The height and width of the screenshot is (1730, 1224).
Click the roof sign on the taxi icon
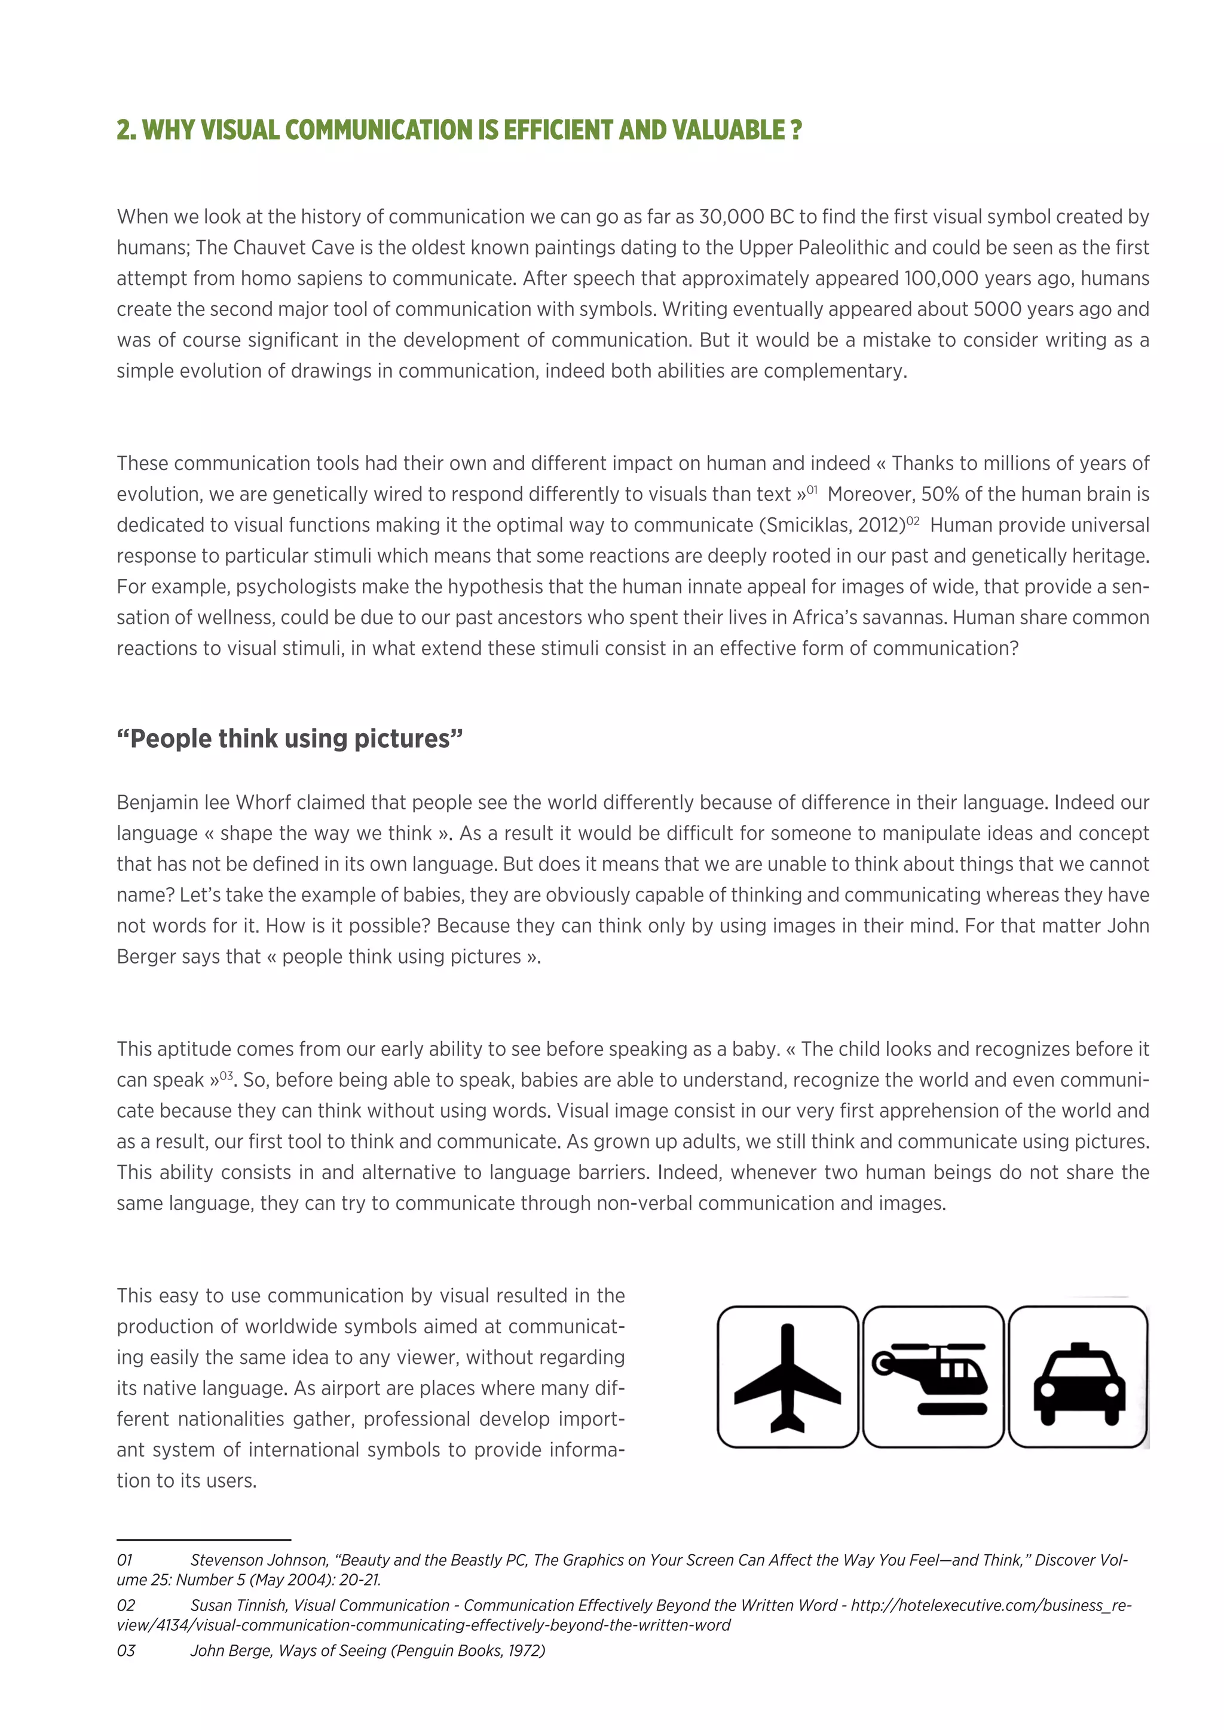pos(1079,1347)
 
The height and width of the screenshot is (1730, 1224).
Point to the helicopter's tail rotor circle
pos(882,1361)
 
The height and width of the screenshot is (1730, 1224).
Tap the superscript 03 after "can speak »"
pos(226,1076)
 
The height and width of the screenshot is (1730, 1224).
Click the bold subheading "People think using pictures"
pos(289,739)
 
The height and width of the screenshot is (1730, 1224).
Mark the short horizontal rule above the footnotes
pos(203,1540)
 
